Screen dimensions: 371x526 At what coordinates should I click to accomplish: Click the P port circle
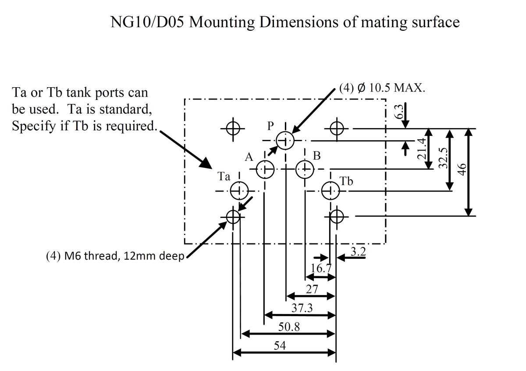click(285, 141)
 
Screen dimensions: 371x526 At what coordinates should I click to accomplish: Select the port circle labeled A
click(264, 168)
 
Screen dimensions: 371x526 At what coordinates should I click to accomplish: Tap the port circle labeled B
click(305, 168)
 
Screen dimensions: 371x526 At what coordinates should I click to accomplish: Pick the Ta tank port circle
click(240, 191)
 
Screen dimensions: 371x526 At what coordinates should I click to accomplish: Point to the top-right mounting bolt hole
click(336, 128)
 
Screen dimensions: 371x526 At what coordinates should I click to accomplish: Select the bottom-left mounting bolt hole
click(233, 216)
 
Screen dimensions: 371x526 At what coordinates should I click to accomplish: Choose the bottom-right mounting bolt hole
click(336, 216)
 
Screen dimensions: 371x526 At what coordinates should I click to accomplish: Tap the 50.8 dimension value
click(289, 327)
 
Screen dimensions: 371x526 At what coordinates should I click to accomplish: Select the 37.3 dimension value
click(302, 308)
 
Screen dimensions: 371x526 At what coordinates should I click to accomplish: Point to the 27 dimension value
click(312, 289)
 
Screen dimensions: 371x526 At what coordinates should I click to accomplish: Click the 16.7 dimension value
click(321, 268)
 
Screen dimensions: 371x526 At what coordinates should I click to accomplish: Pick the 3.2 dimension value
click(359, 252)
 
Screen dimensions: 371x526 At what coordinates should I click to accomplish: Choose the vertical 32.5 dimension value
click(443, 158)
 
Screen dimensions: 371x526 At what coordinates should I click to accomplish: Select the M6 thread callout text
click(114, 256)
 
